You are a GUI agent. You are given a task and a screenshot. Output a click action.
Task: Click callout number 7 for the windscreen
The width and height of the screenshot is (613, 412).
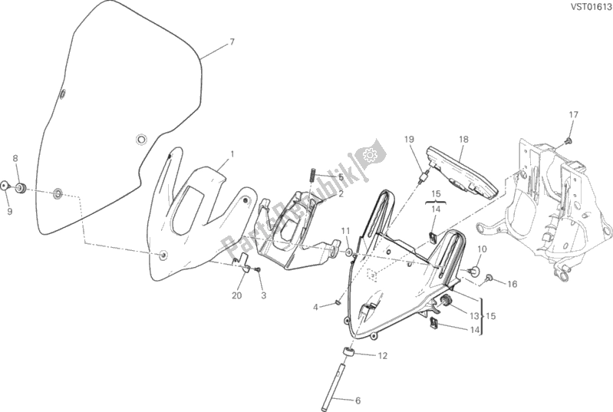coord(232,42)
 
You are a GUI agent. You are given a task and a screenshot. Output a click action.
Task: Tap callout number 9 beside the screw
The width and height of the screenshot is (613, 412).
coord(9,211)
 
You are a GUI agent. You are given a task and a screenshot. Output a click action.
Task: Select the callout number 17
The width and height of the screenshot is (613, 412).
coord(573,115)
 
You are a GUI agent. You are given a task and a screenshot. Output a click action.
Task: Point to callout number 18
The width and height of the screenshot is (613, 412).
coord(463,139)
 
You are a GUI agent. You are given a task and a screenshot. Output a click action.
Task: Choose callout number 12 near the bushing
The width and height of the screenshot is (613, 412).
coord(382,356)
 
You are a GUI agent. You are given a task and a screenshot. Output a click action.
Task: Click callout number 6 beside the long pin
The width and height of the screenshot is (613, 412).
coord(358,400)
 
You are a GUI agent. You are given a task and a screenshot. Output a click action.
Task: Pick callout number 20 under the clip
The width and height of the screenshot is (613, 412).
coord(236,295)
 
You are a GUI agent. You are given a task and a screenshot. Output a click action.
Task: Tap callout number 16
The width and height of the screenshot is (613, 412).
coord(512,284)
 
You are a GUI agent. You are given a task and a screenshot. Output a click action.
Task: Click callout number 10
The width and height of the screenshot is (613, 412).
coord(482,249)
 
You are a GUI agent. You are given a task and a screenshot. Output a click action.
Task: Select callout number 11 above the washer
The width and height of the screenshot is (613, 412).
coord(345,231)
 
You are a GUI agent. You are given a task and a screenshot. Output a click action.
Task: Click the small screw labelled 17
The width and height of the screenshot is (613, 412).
coord(569,140)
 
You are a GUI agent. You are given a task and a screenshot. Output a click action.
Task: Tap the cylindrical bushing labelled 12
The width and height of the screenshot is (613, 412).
coord(349,352)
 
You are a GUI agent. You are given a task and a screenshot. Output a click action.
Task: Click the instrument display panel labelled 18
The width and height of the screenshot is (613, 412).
coord(462,172)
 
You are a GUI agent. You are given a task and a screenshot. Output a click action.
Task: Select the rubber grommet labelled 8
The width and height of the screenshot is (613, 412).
coord(21,188)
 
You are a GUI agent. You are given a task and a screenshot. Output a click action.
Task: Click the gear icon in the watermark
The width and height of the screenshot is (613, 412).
coord(369,155)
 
